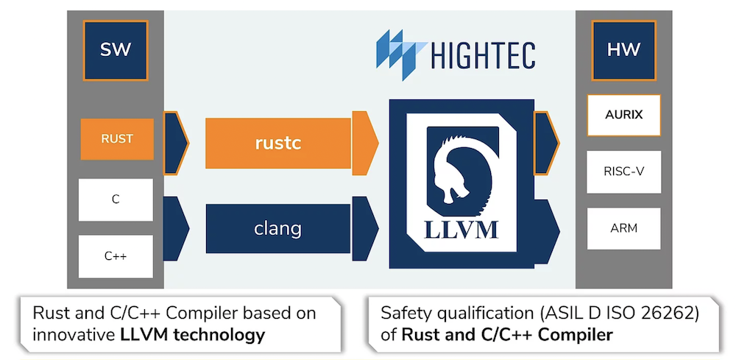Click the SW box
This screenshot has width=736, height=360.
tap(116, 50)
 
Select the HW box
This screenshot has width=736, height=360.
tap(623, 50)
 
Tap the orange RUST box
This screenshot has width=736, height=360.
tap(117, 138)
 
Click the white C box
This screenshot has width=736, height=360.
tap(116, 200)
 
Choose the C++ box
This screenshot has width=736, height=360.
tap(116, 256)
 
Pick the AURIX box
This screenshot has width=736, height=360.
tap(623, 115)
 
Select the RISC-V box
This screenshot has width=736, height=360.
tap(623, 172)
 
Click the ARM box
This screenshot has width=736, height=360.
tap(623, 228)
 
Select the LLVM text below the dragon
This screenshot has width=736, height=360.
tap(461, 229)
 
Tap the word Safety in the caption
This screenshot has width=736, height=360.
tap(402, 314)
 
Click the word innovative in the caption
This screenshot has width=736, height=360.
tap(71, 335)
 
